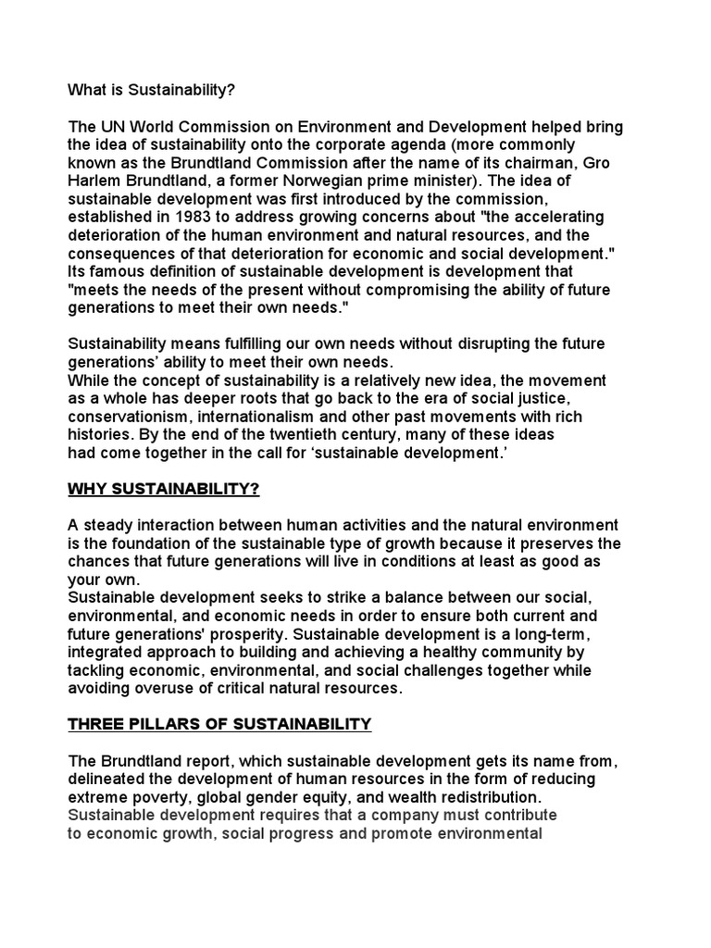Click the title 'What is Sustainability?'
point(145,91)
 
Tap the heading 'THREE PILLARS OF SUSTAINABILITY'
point(219,724)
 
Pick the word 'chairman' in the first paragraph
point(518,163)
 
